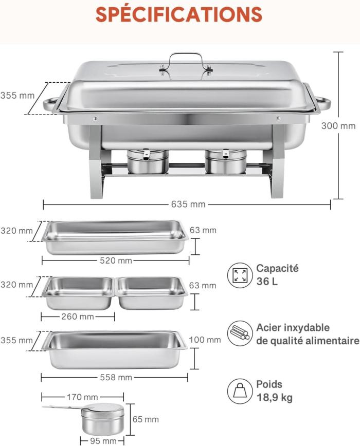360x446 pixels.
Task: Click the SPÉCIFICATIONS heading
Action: click(x=179, y=14)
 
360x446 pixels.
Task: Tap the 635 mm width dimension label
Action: click(x=188, y=204)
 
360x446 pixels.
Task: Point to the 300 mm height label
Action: click(x=338, y=126)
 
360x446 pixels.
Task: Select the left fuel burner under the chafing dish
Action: click(x=148, y=161)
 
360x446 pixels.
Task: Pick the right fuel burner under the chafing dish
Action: click(x=226, y=161)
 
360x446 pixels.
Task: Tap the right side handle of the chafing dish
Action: click(x=322, y=104)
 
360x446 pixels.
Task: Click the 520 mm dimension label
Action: click(x=116, y=261)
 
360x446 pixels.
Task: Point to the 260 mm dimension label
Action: click(x=78, y=317)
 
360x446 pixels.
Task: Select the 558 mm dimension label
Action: click(x=116, y=377)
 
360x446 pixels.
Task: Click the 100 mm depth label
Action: click(x=205, y=340)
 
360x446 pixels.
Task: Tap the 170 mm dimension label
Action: click(x=82, y=397)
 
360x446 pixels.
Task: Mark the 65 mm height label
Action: click(x=146, y=419)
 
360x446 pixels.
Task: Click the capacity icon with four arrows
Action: click(x=240, y=275)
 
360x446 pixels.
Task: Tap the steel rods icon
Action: click(x=240, y=333)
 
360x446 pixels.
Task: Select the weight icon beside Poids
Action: click(x=240, y=391)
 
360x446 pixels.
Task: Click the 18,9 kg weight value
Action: click(x=275, y=397)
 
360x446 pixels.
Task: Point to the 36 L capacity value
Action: click(x=267, y=281)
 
